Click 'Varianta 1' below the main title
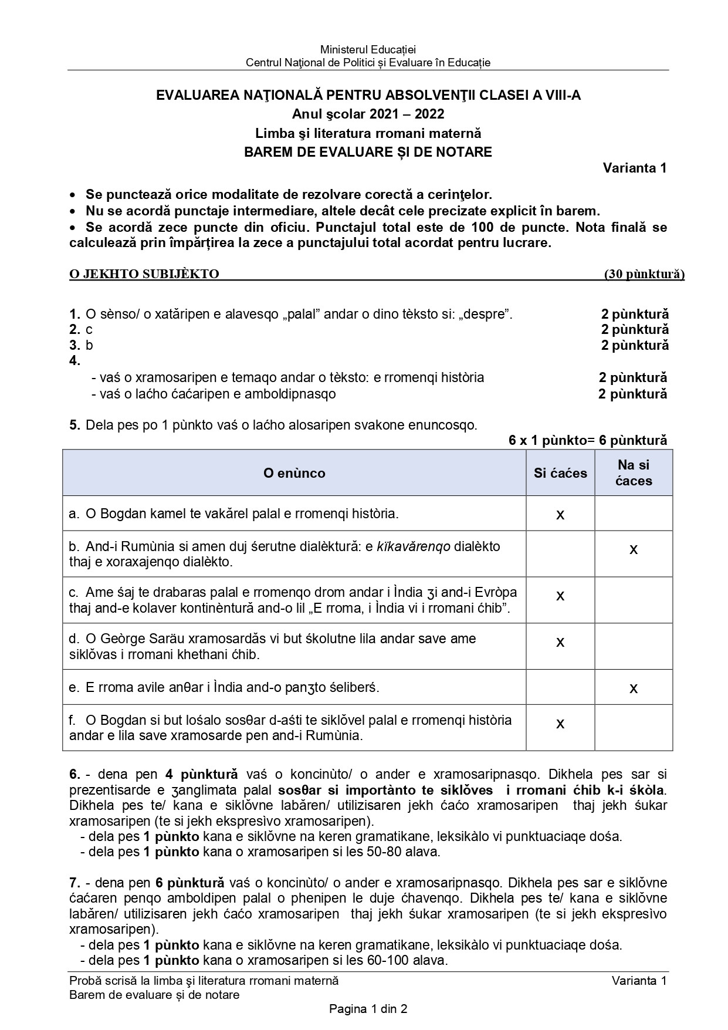point(635,168)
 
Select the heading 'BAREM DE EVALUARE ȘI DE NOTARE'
point(368,152)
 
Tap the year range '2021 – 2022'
point(407,114)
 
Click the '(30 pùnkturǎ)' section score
point(644,274)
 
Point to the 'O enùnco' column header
point(294,473)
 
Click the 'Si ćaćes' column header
point(560,473)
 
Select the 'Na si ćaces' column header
point(634,473)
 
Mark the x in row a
point(560,515)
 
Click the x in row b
point(634,550)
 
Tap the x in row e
point(634,688)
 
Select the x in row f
point(560,724)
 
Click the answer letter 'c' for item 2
point(89,330)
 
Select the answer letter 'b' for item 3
point(89,346)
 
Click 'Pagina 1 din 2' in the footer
point(368,1009)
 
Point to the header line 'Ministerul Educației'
point(368,50)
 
